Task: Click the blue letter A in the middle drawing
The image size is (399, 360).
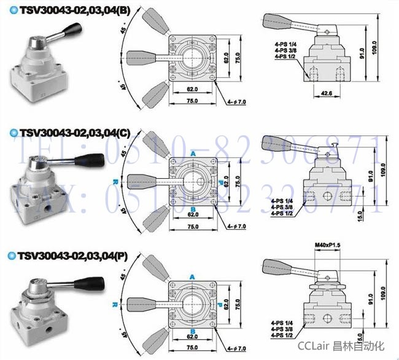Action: [192, 153]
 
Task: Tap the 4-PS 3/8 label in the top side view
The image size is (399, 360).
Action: [287, 51]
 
